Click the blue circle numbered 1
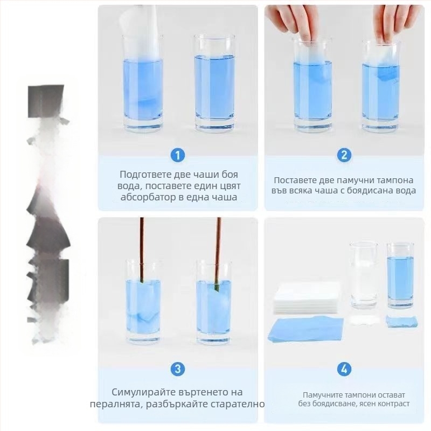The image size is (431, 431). click(x=178, y=155)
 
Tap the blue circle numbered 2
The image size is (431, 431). click(x=344, y=155)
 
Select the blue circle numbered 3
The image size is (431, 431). click(x=178, y=369)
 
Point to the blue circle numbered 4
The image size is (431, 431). click(x=344, y=369)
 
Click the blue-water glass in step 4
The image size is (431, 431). click(x=400, y=276)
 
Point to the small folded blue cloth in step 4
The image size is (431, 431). click(x=401, y=321)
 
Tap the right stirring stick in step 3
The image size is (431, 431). click(x=218, y=254)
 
